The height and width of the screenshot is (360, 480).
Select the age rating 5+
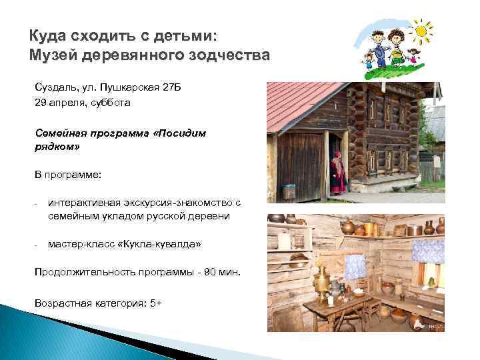pos(156,303)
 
